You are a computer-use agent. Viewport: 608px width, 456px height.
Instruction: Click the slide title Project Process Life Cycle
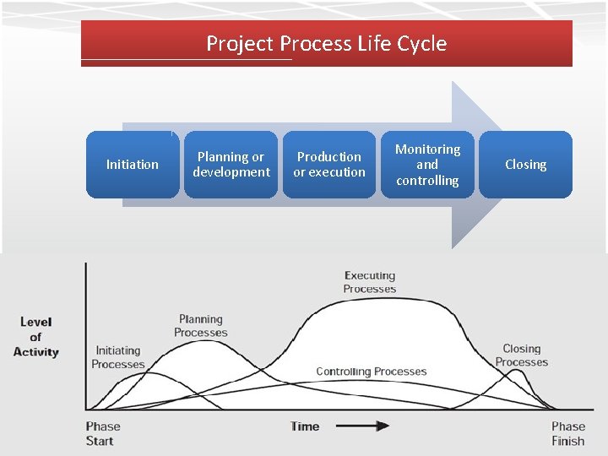(326, 44)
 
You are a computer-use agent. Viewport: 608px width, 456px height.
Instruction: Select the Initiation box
(133, 165)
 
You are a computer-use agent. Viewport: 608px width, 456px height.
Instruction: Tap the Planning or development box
(231, 165)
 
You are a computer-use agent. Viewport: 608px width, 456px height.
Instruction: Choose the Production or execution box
(328, 165)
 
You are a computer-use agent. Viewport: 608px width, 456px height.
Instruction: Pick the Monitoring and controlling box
(427, 165)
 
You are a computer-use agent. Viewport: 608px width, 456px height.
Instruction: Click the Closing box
(525, 165)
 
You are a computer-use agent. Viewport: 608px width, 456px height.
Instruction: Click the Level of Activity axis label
(35, 337)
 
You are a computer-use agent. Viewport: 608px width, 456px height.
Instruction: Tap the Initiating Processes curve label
(118, 357)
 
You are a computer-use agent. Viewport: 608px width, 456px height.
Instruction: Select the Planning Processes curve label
(201, 326)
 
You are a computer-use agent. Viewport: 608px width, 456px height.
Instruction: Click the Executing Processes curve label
(369, 282)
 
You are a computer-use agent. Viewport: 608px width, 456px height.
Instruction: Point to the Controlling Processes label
(371, 372)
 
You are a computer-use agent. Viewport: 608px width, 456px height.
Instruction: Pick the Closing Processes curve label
(521, 356)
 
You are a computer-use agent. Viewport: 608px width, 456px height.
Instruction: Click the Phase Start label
(103, 433)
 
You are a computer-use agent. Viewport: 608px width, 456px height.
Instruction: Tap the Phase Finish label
(567, 433)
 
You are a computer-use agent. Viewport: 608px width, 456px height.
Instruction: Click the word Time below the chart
(305, 426)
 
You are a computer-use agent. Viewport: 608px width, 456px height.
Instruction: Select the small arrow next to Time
(370, 426)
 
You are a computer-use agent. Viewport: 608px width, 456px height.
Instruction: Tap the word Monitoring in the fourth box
(427, 149)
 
